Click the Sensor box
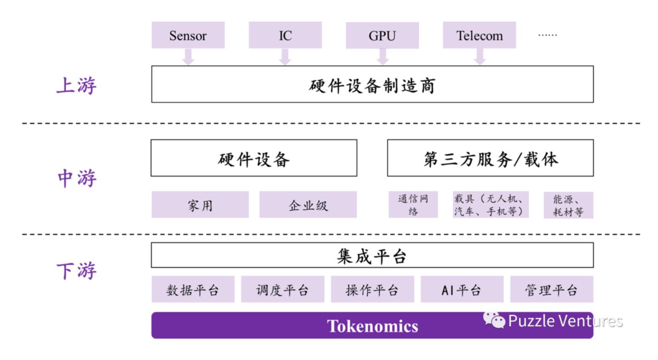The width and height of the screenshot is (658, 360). point(188,36)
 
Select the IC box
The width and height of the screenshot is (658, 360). point(285,36)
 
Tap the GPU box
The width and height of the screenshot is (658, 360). point(382,36)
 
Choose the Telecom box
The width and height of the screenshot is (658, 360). point(479,36)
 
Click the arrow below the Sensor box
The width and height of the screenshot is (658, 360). point(188,56)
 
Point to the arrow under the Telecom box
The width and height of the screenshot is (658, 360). point(480,56)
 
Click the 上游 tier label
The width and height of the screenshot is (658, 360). point(76,86)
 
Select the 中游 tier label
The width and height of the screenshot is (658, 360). point(76,178)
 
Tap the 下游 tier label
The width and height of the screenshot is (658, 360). point(76,271)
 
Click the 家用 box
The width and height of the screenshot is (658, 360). point(200,205)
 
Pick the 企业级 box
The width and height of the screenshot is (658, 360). point(308,205)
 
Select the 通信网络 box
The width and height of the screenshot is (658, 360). point(413,205)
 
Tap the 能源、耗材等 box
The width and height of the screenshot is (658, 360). point(568,205)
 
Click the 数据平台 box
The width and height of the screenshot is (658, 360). point(193,290)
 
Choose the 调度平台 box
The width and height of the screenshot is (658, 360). point(282,290)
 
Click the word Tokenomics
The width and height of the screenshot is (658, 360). point(372,326)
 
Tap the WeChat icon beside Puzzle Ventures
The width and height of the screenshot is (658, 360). point(494,321)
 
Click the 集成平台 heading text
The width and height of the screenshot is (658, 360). point(372,256)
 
